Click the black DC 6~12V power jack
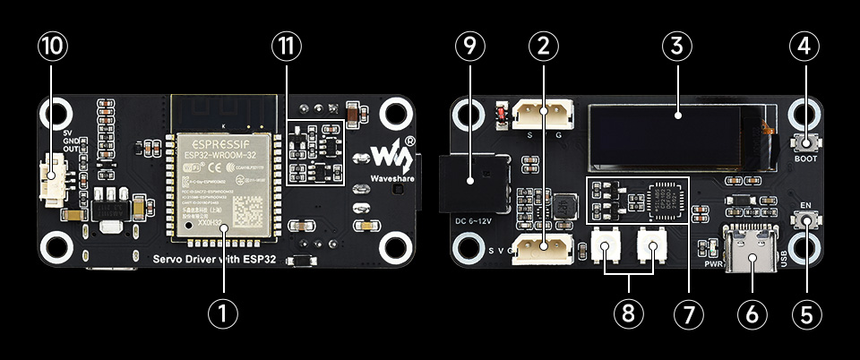pyautogui.click(x=475, y=183)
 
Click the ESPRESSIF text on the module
pyautogui.click(x=219, y=141)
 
